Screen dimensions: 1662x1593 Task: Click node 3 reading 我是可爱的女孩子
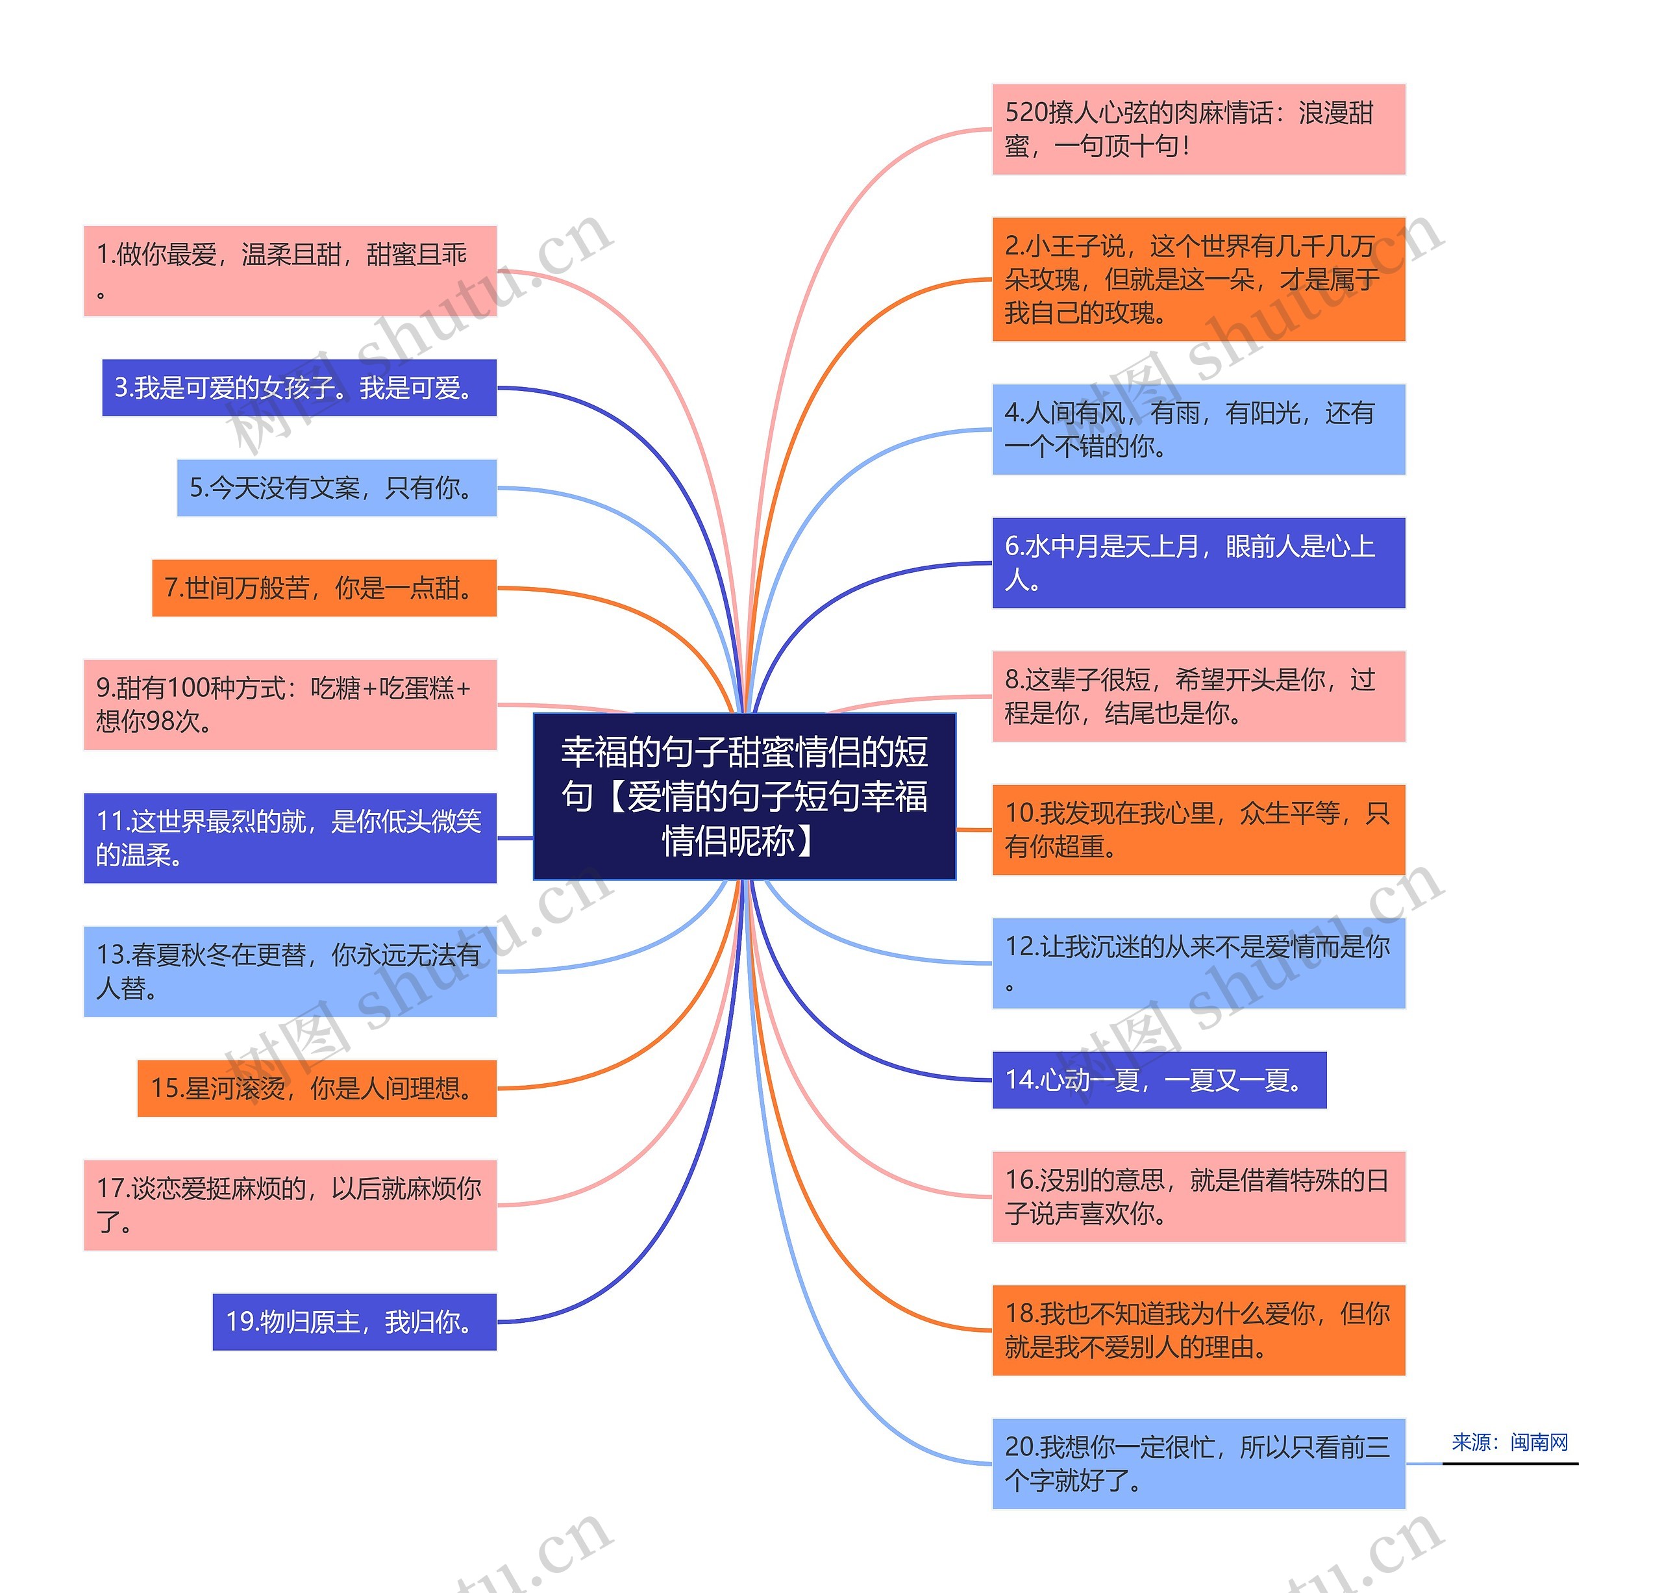[299, 388]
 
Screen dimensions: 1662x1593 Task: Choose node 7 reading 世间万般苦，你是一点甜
[324, 588]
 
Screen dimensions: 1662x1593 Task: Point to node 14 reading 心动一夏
[1158, 1080]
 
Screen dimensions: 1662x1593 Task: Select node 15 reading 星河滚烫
[316, 1088]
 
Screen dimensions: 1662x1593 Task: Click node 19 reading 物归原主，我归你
[354, 1322]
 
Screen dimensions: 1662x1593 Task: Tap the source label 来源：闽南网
[1509, 1442]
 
